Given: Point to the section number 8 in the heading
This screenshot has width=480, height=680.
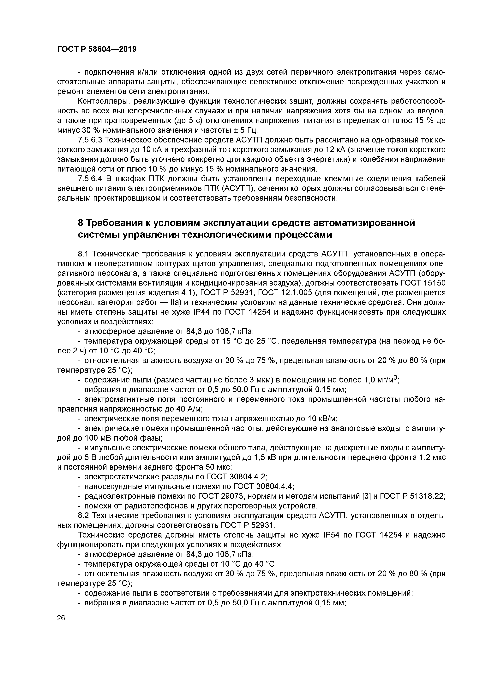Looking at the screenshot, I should (80, 223).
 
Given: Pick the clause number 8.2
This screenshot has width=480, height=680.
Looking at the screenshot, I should (83, 516).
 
